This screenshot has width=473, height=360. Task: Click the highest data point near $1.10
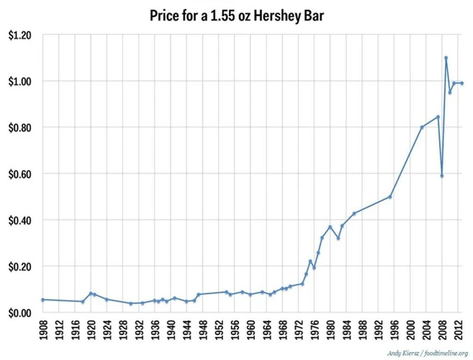pos(446,58)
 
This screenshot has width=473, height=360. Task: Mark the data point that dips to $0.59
pos(442,176)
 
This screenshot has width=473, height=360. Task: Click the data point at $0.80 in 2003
pos(422,127)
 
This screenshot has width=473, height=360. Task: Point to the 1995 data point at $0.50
pos(390,197)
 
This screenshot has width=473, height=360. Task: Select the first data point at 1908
pos(42,299)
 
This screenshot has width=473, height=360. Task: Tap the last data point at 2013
pos(462,83)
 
